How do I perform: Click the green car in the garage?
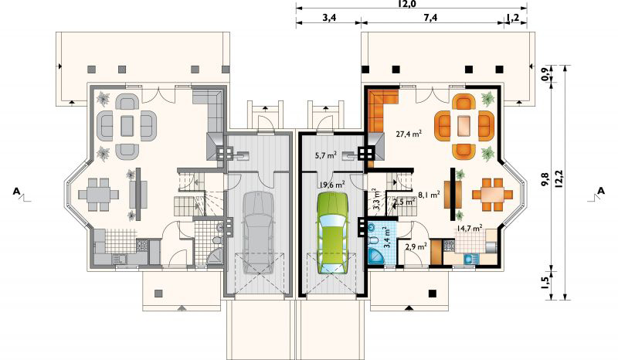pos(333,233)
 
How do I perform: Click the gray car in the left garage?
pos(259,233)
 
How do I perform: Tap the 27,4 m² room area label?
pos(409,134)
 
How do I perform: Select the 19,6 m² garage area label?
pos(332,184)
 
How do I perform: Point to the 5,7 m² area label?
pos(325,155)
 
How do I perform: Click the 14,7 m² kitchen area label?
pos(470,228)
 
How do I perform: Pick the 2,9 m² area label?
pos(416,247)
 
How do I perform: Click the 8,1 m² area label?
pos(429,194)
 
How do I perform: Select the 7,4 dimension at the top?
pos(431,18)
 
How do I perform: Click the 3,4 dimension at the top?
pos(328,18)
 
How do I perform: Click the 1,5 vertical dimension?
pos(546,284)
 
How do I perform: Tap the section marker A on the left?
pos(16,192)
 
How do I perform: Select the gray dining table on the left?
pos(98,195)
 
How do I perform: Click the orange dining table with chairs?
pos(493,195)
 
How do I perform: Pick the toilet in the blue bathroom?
pos(373,239)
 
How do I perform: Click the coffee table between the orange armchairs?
pos(464,126)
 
